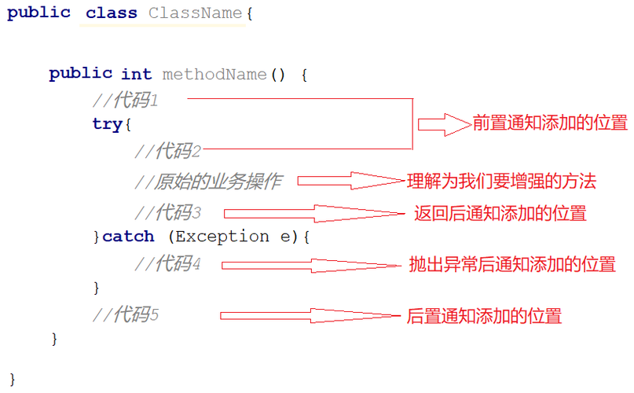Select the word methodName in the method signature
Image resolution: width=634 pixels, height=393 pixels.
214,74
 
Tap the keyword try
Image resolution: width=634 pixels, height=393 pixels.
108,124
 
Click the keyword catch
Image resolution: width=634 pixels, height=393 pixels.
128,236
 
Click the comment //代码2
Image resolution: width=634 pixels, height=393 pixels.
168,151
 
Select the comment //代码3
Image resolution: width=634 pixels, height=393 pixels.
168,212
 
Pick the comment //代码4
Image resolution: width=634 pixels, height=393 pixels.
168,264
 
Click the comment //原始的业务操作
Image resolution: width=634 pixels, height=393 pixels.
208,182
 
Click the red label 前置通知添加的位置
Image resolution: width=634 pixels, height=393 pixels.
550,123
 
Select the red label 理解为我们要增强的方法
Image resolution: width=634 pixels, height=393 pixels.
502,182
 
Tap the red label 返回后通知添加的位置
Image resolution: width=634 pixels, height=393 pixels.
500,213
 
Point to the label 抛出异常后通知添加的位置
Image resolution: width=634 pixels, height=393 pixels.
512,264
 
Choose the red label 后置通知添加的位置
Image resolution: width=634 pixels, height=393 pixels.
485,316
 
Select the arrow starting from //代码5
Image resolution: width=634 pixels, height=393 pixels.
311,315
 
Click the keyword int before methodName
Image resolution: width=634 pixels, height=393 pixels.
136,74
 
